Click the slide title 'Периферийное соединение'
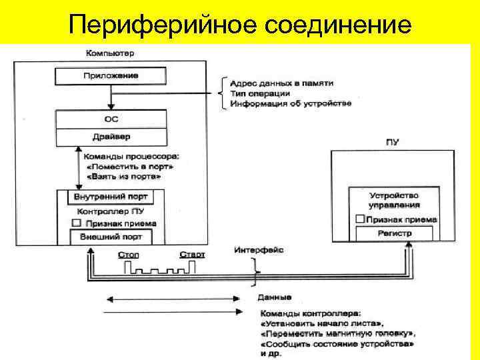[240, 25]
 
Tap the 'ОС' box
[111, 119]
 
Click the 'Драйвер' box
[111, 137]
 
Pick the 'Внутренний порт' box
[111, 197]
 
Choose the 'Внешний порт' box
[111, 237]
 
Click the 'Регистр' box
[394, 233]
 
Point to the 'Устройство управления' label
[394, 200]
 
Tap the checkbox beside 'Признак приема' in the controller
[77, 223]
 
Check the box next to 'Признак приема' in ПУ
[359, 219]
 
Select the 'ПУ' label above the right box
[392, 142]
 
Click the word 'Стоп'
[128, 255]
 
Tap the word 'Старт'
[192, 255]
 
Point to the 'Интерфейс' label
[259, 250]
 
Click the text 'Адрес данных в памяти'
[281, 83]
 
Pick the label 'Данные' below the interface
[274, 297]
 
